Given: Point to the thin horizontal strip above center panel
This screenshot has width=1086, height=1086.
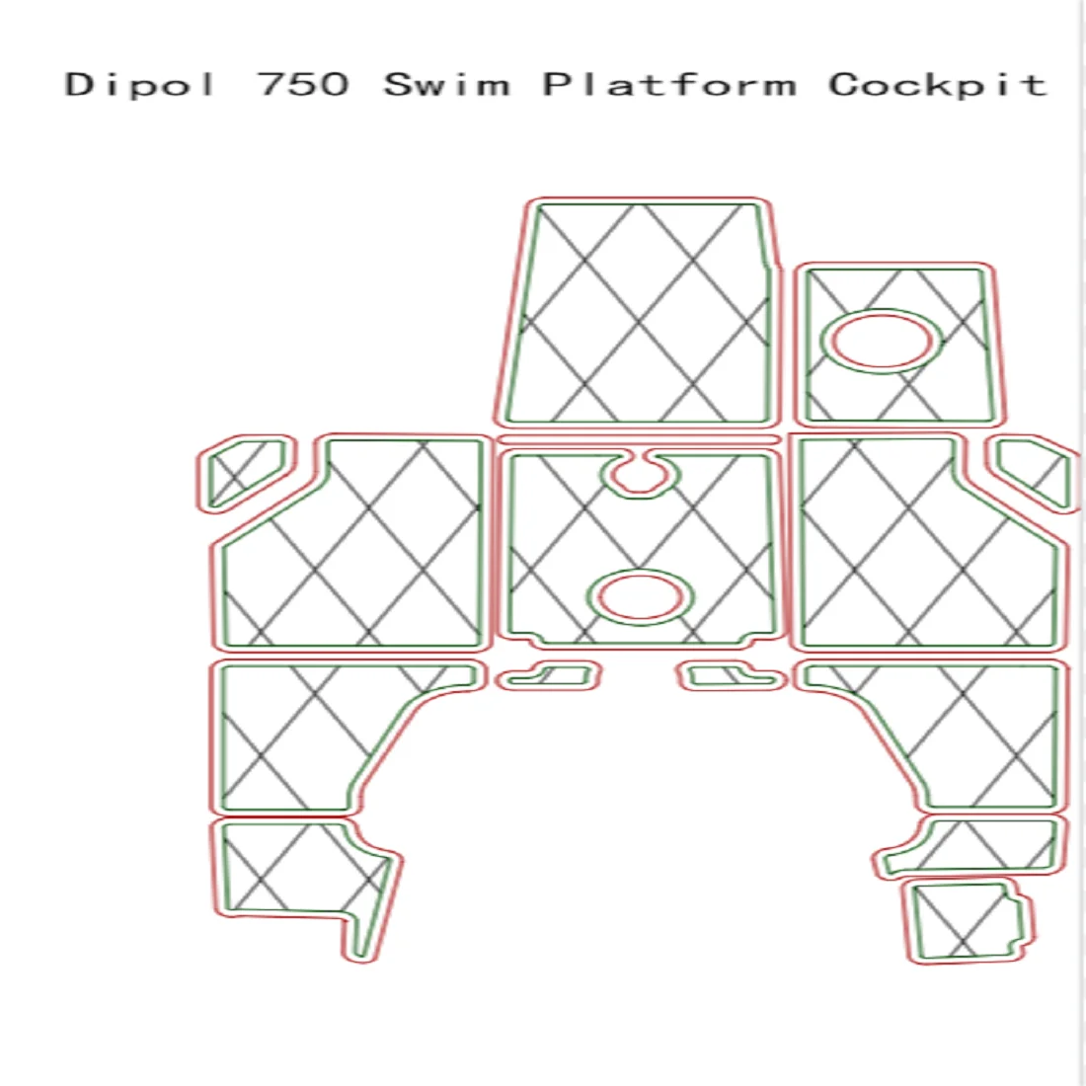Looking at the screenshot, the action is (640, 439).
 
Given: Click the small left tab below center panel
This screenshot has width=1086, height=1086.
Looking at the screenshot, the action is (549, 676).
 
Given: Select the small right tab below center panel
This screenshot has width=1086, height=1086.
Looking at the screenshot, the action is (732, 676).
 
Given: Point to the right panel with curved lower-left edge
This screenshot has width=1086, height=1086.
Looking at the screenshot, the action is (977, 731).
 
